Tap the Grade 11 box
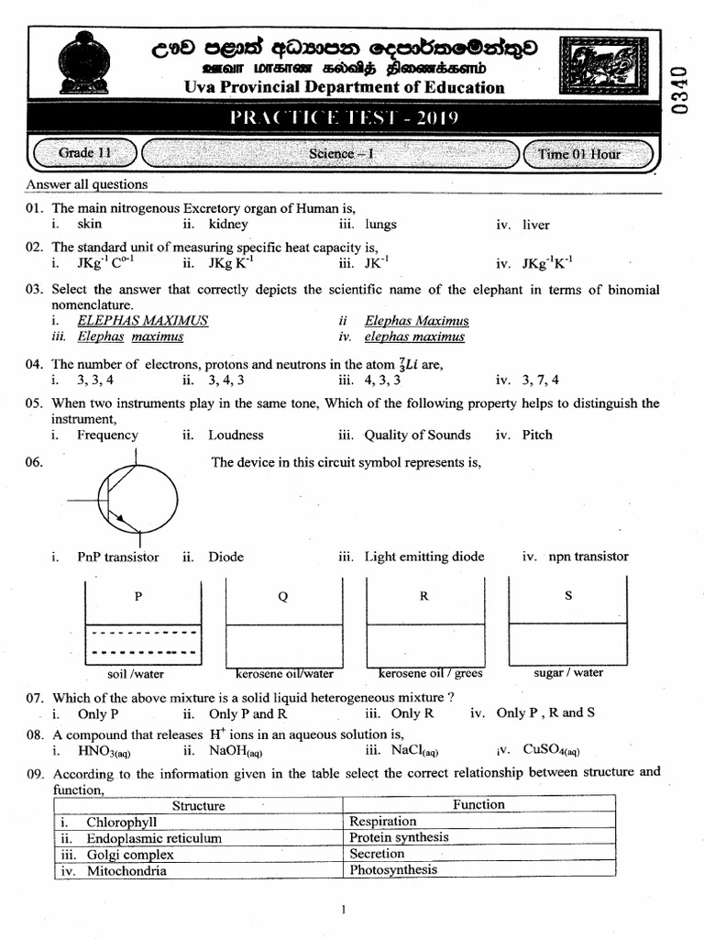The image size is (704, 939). [x=83, y=153]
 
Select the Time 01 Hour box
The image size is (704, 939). [x=587, y=154]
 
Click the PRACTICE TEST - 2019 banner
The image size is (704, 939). [x=343, y=118]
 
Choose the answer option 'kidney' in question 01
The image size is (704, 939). [x=227, y=224]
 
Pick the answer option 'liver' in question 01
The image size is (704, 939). [x=535, y=224]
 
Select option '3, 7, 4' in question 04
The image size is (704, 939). [x=540, y=380]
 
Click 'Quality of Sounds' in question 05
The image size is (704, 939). [x=417, y=435]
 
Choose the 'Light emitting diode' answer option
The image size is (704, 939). [x=423, y=556]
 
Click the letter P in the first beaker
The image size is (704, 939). [x=138, y=596]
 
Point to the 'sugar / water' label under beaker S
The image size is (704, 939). [x=568, y=672]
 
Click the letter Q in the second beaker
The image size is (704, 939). [x=282, y=597]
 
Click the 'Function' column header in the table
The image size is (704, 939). [x=478, y=804]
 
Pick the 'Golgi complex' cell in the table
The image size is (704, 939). [x=129, y=854]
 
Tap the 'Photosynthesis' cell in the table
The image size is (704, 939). [x=393, y=869]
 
